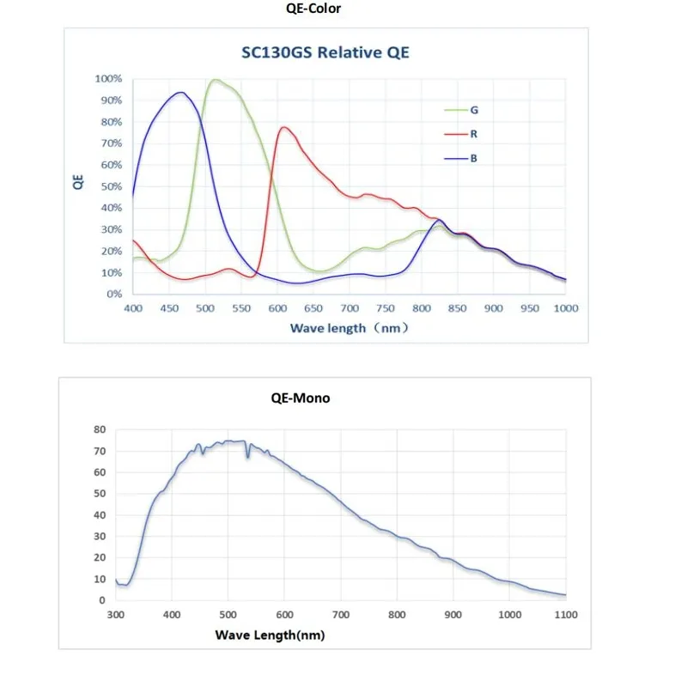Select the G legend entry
[x=474, y=110]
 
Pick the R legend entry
[x=474, y=134]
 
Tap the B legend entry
[x=474, y=158]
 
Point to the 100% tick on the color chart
[x=109, y=79]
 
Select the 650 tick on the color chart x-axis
[x=313, y=307]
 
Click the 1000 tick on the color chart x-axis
[x=564, y=307]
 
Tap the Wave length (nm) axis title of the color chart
[x=347, y=328]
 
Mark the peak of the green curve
[x=215, y=80]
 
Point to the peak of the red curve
[x=283, y=127]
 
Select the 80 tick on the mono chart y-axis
[x=100, y=429]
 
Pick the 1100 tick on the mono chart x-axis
[x=567, y=615]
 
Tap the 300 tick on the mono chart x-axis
[x=116, y=615]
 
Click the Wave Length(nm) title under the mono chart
[x=270, y=635]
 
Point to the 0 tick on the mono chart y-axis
[x=102, y=600]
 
